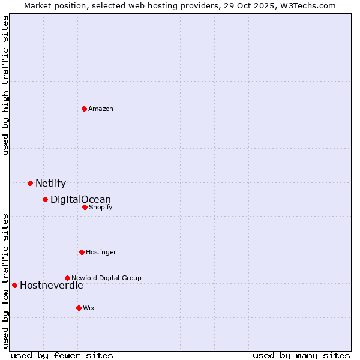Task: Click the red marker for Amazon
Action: (x=84, y=109)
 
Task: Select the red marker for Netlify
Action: (x=30, y=183)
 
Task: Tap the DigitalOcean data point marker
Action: (x=45, y=199)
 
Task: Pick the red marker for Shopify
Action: (x=85, y=207)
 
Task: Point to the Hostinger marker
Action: (x=82, y=252)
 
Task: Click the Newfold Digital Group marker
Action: (x=67, y=278)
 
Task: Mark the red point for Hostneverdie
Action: (x=14, y=285)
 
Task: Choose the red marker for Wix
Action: (x=79, y=308)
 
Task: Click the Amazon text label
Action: (x=101, y=109)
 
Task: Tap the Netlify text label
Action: (x=50, y=184)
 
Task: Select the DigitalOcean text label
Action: (x=80, y=200)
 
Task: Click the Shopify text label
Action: (x=100, y=207)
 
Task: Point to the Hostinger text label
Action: (x=101, y=252)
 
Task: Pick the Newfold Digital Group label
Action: (x=106, y=278)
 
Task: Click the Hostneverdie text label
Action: (x=52, y=286)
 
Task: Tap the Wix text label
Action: (x=89, y=308)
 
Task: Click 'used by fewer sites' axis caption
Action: (x=62, y=355)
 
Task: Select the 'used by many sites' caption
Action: (x=301, y=355)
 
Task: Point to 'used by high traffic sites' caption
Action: (x=5, y=85)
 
